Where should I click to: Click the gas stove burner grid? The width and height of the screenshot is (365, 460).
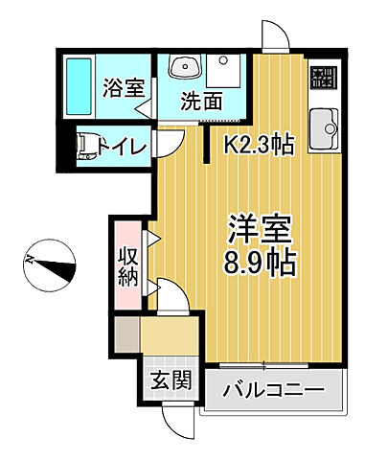coord(322,78)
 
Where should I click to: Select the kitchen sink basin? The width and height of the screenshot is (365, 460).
coord(323,124)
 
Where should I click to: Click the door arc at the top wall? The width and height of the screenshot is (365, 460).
coord(274,38)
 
